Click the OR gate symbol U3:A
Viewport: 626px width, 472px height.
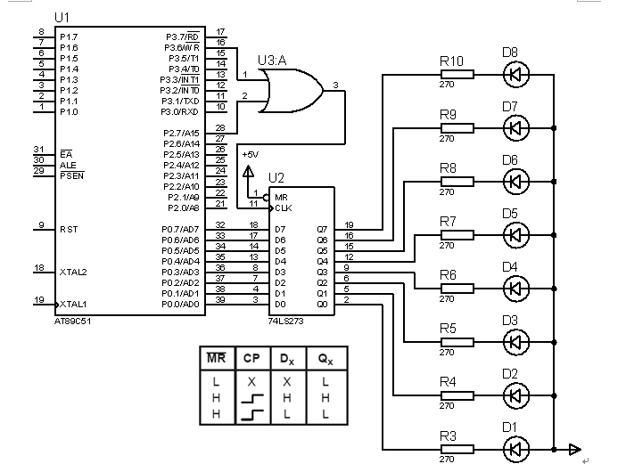287,92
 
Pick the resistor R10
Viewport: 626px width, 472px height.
456,75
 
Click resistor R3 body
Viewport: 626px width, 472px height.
456,449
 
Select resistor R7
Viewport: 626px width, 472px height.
456,235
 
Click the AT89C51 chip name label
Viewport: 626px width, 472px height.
74,319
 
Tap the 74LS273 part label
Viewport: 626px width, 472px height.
285,319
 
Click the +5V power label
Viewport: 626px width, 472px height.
250,154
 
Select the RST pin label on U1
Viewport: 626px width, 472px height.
68,229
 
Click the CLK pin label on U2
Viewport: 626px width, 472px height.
284,208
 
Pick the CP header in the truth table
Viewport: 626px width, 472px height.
251,358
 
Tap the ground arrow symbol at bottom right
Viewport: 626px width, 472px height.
575,449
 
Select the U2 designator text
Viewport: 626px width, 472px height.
276,178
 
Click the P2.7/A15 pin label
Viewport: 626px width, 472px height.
182,133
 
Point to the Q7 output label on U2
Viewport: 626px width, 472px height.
322,229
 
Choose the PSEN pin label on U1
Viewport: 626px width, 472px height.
71,175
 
